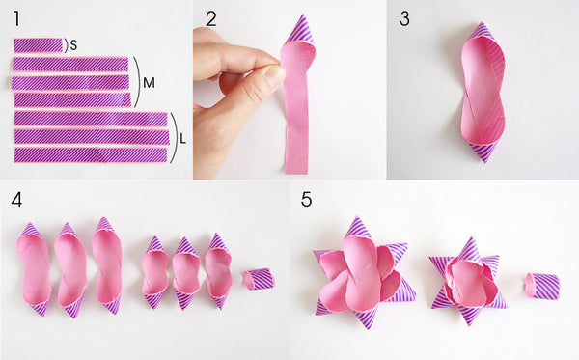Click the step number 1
coord(16,19)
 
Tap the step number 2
coord(210,19)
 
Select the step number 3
coord(404,19)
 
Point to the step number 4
coord(16,200)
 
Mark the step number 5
coord(306,200)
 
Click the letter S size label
coord(73,45)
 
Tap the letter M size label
coord(149,83)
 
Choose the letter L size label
coord(182,139)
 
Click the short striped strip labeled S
coord(39,45)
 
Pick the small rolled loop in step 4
coord(260,279)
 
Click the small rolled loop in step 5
coord(542,286)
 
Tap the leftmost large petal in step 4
coord(33,269)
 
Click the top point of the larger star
coord(357,219)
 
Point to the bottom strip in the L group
coord(91,154)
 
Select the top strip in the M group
coord(70,65)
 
